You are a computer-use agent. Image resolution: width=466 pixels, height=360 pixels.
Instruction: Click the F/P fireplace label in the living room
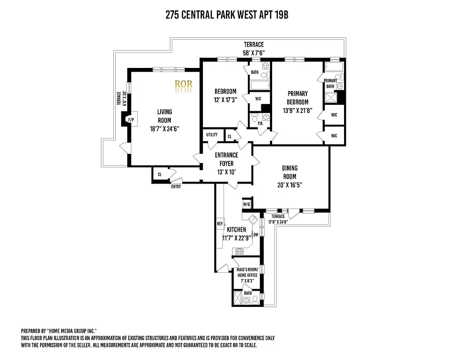click(131, 120)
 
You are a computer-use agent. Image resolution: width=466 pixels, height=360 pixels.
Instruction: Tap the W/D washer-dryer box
click(246, 204)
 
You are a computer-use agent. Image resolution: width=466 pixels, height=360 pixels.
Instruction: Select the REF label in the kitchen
click(220, 224)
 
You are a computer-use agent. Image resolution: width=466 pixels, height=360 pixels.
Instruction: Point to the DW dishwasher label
click(255, 234)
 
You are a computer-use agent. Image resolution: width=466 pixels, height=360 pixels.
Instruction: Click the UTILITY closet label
click(212, 135)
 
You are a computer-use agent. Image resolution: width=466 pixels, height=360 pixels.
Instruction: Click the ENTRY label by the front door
click(176, 186)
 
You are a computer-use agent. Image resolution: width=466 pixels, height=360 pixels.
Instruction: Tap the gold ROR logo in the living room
click(184, 84)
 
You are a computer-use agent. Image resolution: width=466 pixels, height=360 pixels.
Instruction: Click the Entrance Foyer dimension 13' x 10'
click(226, 172)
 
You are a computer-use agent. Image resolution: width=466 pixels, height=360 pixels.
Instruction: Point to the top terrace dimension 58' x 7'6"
click(254, 53)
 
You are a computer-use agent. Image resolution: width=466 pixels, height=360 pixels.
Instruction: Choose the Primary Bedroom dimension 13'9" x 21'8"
click(298, 110)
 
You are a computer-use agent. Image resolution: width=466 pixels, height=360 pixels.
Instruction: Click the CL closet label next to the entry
click(160, 175)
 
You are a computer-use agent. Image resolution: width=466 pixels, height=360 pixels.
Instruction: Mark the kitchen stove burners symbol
click(238, 251)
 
